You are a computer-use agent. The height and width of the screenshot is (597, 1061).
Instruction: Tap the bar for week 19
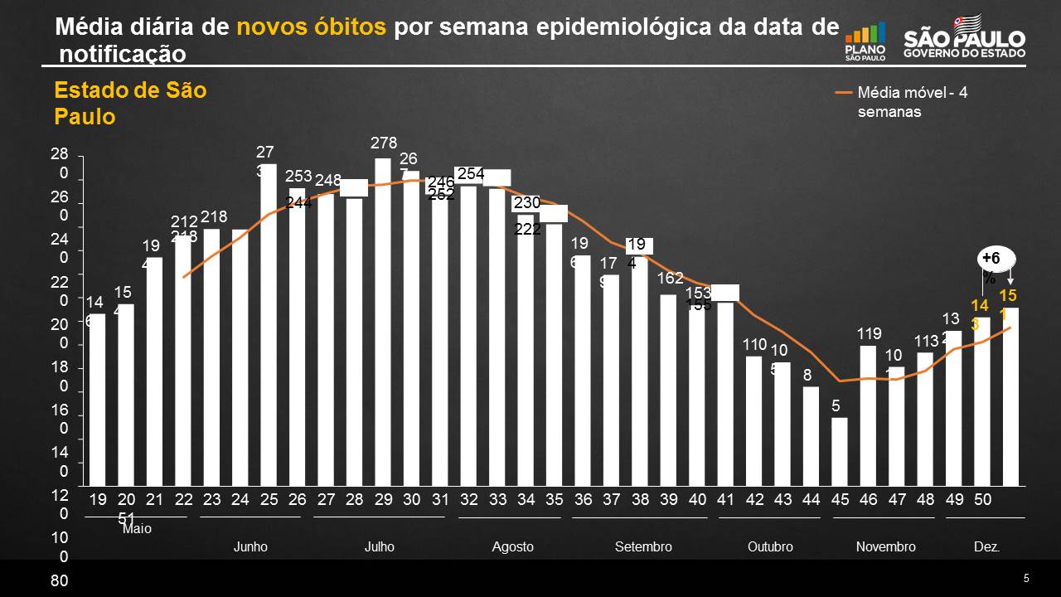click(97, 400)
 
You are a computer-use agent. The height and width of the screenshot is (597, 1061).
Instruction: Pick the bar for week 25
click(269, 325)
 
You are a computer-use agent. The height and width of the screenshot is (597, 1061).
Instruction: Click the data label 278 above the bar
click(384, 143)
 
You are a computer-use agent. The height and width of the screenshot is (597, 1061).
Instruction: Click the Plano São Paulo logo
click(865, 41)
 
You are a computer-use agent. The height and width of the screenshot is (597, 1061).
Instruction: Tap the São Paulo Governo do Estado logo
click(964, 36)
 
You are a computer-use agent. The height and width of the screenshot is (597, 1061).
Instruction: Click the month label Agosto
click(512, 547)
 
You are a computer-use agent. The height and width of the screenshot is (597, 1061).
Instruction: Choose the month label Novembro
click(885, 547)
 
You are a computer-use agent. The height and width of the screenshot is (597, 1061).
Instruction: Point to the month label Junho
click(250, 547)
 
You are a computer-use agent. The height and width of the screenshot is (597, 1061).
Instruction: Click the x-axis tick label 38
click(640, 500)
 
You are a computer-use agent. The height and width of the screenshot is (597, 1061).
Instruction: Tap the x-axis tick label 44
click(811, 500)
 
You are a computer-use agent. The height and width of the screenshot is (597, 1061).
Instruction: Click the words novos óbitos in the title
click(311, 27)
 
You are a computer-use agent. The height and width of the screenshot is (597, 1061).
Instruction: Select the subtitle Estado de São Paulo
click(130, 104)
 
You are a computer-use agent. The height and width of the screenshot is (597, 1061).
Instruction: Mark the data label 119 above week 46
click(869, 334)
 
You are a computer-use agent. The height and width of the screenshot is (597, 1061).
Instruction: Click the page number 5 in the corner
click(1025, 578)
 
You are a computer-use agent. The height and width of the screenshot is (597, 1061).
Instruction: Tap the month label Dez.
click(986, 547)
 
